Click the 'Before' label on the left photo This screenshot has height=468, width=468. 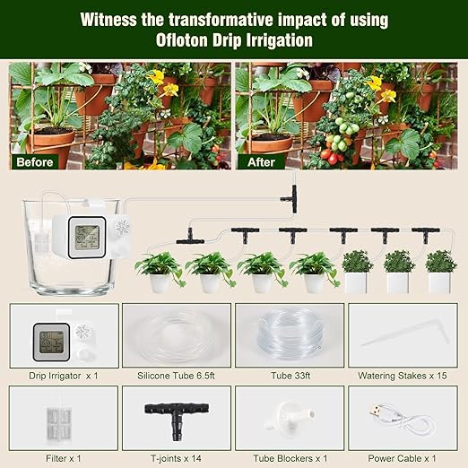[x=35, y=162]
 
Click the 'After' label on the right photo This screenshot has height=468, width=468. [x=261, y=162]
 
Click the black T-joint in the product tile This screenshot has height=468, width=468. [x=176, y=416]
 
